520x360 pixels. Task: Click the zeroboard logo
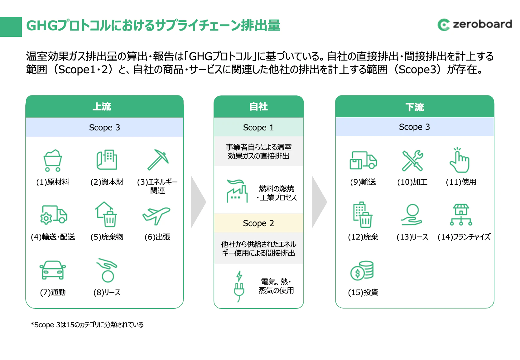pos(474,25)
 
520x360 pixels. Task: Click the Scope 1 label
pos(258,127)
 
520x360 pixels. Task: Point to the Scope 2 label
pos(258,223)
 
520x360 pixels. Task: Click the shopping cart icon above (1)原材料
pos(53,160)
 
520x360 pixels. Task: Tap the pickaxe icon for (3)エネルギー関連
pos(158,159)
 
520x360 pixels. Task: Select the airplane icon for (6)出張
pos(156,216)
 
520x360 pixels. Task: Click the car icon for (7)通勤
pos(53,270)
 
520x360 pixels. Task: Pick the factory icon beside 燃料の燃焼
pos(237,191)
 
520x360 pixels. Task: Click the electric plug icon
pos(239,286)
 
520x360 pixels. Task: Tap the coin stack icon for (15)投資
pos(362,270)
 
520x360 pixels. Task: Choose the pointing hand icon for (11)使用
pos(460,160)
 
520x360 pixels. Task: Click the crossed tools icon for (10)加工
pos(412,160)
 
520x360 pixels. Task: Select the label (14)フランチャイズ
pos(464,237)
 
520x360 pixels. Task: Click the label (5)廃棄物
pos(107,237)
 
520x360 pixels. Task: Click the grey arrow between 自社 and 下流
pos(320,202)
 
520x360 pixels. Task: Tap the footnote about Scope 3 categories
pos(87,324)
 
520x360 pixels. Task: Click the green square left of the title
pos(11,27)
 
